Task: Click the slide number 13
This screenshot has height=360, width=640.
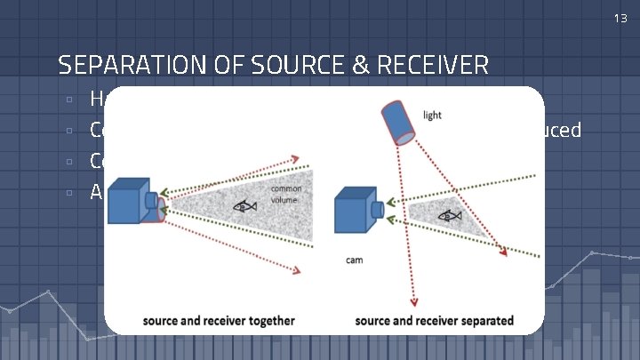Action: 620,18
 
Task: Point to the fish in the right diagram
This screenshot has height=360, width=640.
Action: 451,215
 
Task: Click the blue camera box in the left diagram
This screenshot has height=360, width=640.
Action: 129,200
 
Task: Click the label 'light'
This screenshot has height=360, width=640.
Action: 433,116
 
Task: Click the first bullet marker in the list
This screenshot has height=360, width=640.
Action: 68,100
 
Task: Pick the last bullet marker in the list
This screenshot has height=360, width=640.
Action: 68,192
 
